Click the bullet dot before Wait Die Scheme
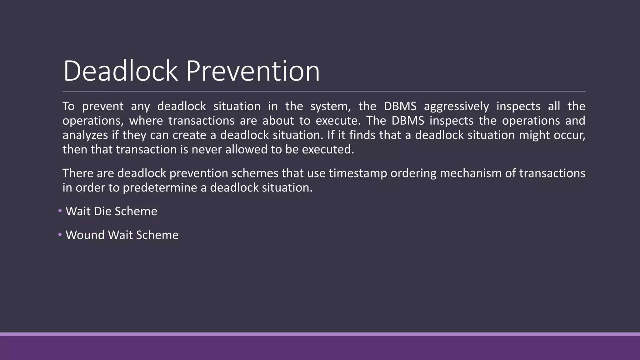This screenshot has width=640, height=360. coord(60,211)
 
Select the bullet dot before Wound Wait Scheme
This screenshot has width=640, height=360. coord(60,235)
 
